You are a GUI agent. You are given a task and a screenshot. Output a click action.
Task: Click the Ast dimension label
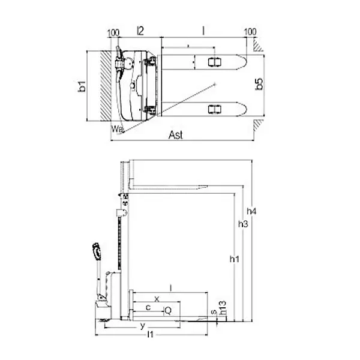(x=176, y=136)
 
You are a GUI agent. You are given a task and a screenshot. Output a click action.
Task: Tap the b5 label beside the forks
(x=259, y=83)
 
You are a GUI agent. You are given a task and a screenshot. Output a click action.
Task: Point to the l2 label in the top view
(x=140, y=30)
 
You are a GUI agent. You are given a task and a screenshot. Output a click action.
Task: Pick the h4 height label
(x=253, y=211)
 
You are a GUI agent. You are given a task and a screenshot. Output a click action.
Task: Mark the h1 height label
(x=235, y=259)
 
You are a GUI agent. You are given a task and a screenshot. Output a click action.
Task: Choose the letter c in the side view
(x=148, y=307)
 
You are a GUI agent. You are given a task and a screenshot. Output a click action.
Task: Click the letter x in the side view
(x=157, y=298)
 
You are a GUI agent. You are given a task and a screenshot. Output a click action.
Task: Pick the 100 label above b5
(x=251, y=31)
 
